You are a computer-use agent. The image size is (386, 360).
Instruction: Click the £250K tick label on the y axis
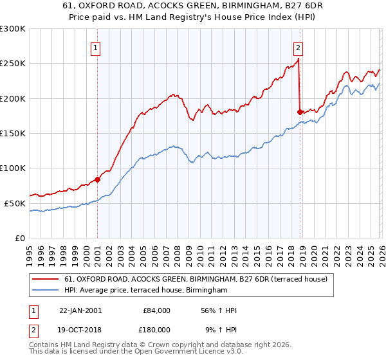(x=13, y=64)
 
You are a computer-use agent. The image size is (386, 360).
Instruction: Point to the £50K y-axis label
(x=15, y=203)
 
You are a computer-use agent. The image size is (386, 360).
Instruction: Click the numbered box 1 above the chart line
(x=95, y=47)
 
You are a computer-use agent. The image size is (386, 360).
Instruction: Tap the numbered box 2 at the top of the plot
(x=299, y=47)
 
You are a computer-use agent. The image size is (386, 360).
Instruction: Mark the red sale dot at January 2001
(x=98, y=179)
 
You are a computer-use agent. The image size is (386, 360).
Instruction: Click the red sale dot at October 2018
(x=300, y=112)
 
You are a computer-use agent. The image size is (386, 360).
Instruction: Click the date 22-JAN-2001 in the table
(x=80, y=310)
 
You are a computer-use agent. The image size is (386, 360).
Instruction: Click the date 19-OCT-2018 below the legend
(x=80, y=329)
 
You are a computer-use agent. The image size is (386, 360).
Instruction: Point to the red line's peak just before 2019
(x=299, y=59)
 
